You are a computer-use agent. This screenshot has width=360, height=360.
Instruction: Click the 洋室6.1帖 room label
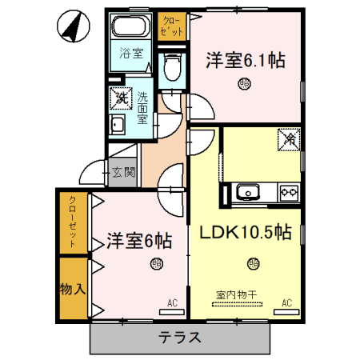[246, 60]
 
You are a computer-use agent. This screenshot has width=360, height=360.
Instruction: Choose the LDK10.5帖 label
[245, 233]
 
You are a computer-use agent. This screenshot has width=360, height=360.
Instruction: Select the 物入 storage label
[72, 287]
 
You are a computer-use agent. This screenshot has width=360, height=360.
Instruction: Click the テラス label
[179, 337]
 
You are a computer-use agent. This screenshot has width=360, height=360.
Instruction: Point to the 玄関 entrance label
[122, 171]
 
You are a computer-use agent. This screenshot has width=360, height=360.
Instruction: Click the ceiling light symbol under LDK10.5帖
[253, 262]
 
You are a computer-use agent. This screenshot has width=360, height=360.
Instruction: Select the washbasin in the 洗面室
[118, 126]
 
